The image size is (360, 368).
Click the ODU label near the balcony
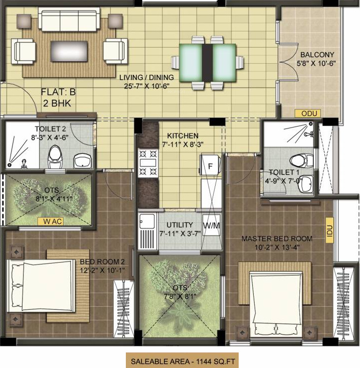click(307, 113)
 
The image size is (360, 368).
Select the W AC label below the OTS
click(52, 221)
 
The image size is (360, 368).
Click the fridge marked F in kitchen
click(211, 166)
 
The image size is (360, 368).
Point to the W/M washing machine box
click(211, 225)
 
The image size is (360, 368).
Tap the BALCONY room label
click(317, 55)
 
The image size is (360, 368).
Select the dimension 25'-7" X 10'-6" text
click(146, 86)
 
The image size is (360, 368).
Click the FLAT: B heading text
click(58, 92)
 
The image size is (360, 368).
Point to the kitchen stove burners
click(148, 164)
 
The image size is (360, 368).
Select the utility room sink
click(147, 221)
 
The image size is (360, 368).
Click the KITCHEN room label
click(183, 136)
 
